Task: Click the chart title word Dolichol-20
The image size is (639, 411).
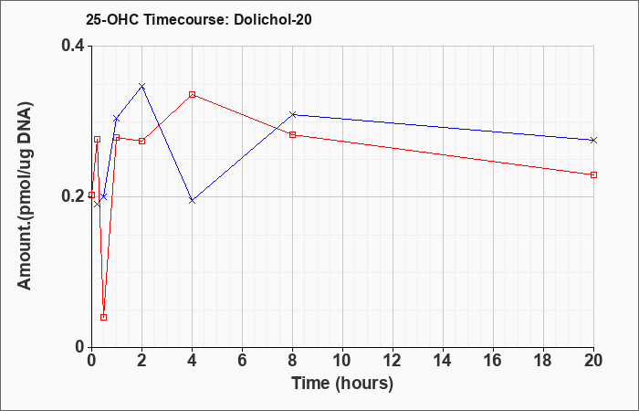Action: pyautogui.click(x=273, y=19)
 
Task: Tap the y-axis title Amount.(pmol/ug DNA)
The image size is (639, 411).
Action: pyautogui.click(x=25, y=195)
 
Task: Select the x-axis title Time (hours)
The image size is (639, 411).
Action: pyautogui.click(x=342, y=384)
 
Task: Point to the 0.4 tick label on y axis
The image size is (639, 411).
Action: pyautogui.click(x=73, y=46)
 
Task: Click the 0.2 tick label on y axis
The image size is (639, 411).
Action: pyautogui.click(x=73, y=196)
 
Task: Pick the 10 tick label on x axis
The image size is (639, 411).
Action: pyautogui.click(x=342, y=361)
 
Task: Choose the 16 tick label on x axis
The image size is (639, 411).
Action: pyautogui.click(x=493, y=361)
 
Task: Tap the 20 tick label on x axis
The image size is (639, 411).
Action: pyautogui.click(x=593, y=361)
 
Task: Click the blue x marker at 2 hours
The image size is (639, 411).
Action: pyautogui.click(x=141, y=86)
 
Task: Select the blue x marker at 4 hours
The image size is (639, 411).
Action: pyautogui.click(x=193, y=201)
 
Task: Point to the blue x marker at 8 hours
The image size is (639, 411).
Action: pyautogui.click(x=293, y=114)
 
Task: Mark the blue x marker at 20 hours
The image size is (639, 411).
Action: pyautogui.click(x=593, y=141)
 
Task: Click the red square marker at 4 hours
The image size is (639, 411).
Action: pyautogui.click(x=193, y=95)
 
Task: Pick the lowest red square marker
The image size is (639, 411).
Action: pyautogui.click(x=103, y=317)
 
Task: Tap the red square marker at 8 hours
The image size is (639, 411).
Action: pyautogui.click(x=293, y=134)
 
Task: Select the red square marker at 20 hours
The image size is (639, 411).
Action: pyautogui.click(x=593, y=175)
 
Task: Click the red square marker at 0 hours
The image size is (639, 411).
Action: pyautogui.click(x=91, y=195)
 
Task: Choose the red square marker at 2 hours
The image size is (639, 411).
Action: pyautogui.click(x=141, y=141)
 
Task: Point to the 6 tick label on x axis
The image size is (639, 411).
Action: pyautogui.click(x=242, y=361)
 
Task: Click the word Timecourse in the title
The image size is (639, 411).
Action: pyautogui.click(x=186, y=19)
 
